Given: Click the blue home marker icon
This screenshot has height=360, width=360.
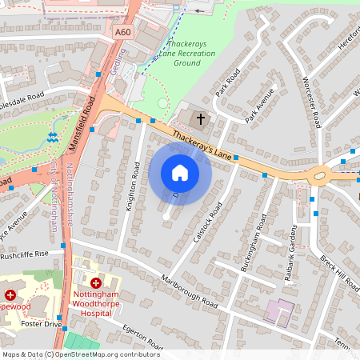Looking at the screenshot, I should [180, 173].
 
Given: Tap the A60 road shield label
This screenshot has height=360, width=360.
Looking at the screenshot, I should [122, 32].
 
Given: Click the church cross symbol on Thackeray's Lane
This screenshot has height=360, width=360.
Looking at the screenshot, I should [200, 120].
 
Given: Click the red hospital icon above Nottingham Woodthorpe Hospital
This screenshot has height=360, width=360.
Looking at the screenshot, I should [96, 283].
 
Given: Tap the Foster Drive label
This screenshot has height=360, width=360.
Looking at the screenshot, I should [42, 324].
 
